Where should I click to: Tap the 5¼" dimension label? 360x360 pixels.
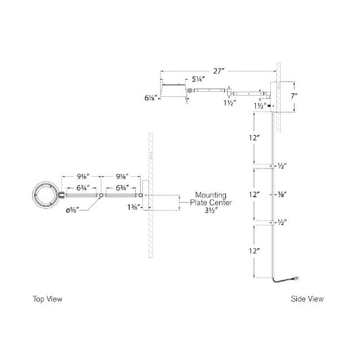point(200,80)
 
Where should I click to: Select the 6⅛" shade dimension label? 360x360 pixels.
point(150,97)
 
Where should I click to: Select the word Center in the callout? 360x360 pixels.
point(219,203)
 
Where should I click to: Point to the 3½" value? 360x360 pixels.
point(209,211)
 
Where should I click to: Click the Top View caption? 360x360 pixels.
point(47,299)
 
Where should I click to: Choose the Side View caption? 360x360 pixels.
point(307,299)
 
